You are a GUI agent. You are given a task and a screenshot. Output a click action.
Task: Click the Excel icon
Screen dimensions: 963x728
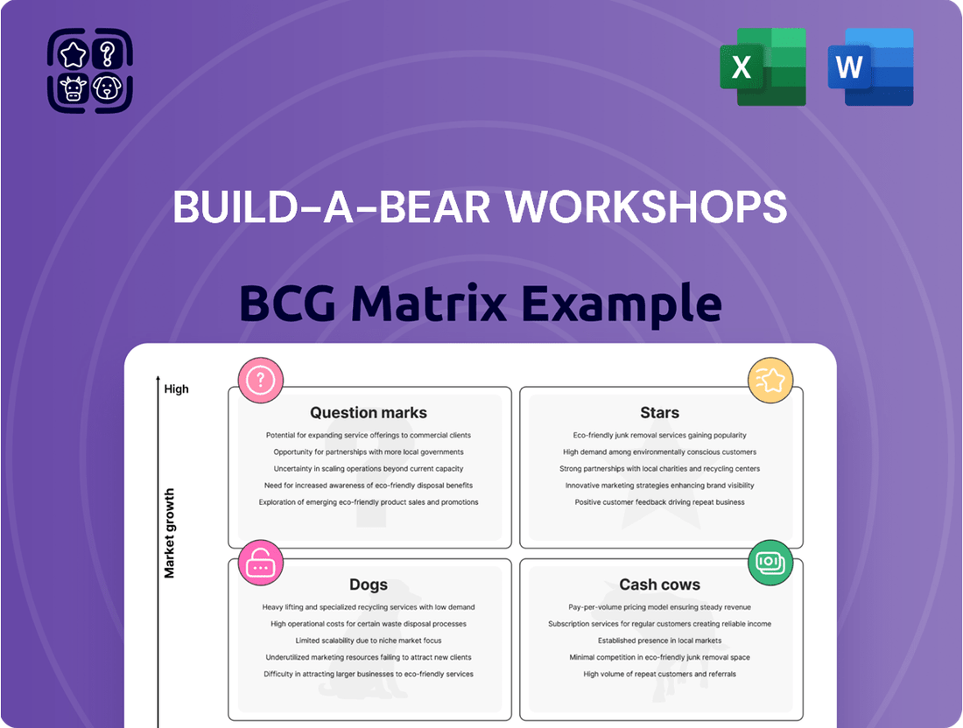coord(763,66)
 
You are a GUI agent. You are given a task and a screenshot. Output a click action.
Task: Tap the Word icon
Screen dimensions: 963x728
coord(870,66)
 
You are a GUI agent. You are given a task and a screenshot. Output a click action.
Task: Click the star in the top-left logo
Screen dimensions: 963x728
coord(73,54)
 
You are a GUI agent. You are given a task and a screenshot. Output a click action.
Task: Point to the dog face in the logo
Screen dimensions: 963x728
coord(107,87)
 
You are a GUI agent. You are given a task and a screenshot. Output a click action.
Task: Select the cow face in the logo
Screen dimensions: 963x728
coord(73,87)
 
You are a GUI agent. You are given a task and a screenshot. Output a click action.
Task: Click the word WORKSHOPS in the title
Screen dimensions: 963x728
coord(646,206)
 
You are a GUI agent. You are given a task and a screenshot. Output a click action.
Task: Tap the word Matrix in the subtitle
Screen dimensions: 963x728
coord(429,303)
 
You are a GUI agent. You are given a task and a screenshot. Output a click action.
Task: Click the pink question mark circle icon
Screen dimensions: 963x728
coord(260,381)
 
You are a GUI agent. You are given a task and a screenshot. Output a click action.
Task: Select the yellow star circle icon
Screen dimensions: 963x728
coord(770,381)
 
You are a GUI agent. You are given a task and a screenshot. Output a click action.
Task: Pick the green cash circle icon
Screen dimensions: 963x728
coord(770,563)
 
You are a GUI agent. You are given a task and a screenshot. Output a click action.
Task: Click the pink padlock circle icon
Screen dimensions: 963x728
coord(260,563)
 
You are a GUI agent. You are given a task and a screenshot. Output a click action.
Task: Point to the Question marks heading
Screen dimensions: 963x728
coord(369,412)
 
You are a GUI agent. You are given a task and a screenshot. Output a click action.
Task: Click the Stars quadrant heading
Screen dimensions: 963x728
coord(659,412)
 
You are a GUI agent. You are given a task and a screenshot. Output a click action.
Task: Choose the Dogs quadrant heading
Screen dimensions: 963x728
coord(369,584)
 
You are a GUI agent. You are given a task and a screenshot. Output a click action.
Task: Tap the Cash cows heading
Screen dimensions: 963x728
coord(659,584)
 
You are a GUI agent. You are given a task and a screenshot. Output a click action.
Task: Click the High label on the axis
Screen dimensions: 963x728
coord(176,389)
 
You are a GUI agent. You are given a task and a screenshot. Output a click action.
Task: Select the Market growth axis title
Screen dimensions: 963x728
coord(169,533)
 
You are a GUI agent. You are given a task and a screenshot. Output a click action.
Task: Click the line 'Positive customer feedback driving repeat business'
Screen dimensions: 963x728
coord(659,502)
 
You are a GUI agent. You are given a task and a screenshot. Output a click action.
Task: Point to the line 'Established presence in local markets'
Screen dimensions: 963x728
coord(659,640)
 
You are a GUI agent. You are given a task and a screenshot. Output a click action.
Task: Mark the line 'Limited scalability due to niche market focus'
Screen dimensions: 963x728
coord(369,640)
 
